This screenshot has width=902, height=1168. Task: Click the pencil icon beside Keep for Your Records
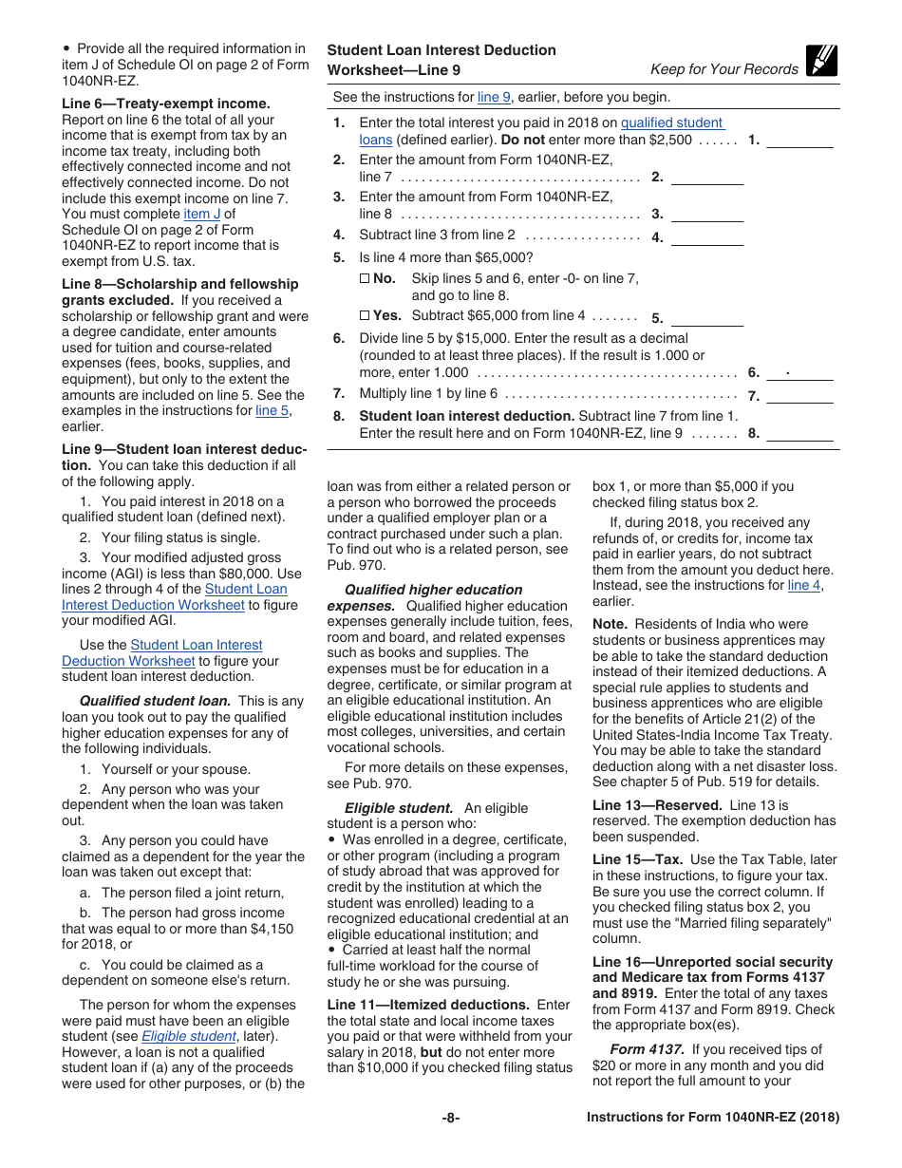coord(821,62)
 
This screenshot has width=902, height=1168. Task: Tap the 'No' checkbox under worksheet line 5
coord(365,278)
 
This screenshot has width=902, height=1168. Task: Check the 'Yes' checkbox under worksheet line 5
coord(365,315)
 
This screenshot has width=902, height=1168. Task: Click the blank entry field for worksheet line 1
coord(799,140)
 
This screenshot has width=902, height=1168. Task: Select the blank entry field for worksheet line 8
coord(799,433)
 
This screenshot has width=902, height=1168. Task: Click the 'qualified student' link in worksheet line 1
coord(671,122)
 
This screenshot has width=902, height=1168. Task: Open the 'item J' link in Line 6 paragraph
coord(201,215)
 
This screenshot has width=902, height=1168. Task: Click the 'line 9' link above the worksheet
coord(494,97)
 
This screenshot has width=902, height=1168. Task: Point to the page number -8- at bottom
coord(451,1118)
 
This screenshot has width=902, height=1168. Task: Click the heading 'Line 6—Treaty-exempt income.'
coord(165,104)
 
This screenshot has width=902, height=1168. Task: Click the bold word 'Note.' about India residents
coord(610,624)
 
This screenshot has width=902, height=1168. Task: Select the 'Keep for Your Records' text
coord(723,69)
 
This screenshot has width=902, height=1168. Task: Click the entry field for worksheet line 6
coord(799,373)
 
